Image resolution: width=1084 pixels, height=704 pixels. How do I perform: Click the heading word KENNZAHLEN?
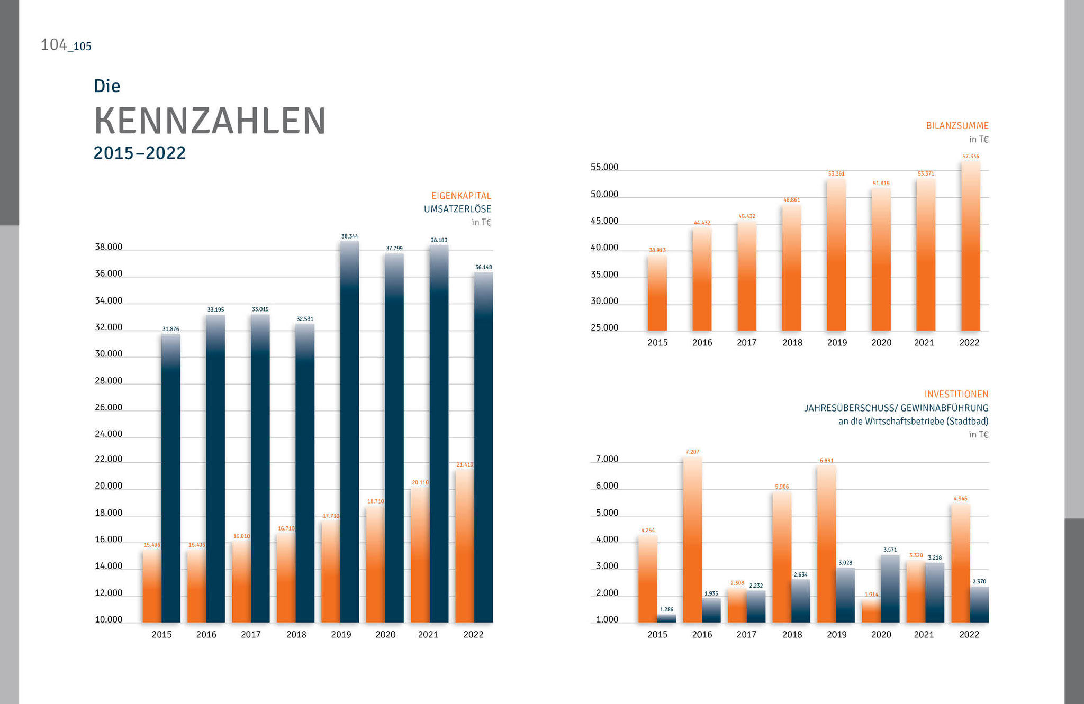point(210,121)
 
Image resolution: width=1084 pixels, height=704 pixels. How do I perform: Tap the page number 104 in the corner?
point(53,45)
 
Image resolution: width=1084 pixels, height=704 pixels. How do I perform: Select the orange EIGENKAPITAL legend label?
point(461,196)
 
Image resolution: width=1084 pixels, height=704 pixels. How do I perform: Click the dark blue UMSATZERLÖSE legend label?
point(457,209)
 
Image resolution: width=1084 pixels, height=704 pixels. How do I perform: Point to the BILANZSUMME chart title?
point(957,126)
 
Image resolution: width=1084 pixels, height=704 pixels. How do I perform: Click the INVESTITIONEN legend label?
point(956,394)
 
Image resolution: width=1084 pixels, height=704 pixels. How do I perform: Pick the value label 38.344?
point(349,236)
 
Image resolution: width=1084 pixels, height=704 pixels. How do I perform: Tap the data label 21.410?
point(465,464)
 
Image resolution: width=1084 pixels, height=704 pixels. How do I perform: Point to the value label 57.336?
point(970,156)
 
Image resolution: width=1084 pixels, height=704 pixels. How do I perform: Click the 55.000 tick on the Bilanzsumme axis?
point(604,168)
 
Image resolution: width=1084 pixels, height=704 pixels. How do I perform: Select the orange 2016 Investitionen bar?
point(692,540)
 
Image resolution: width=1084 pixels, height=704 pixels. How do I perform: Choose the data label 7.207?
point(692,452)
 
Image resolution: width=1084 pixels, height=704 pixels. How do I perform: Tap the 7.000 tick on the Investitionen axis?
point(607,459)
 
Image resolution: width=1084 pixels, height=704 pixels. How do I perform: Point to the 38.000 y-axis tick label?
point(109,247)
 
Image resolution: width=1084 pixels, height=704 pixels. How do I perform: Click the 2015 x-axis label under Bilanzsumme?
point(657,343)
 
